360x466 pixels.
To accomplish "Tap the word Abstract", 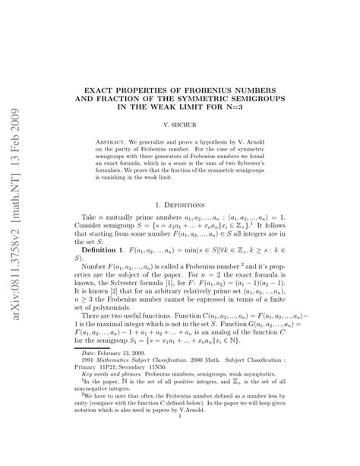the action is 115,142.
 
